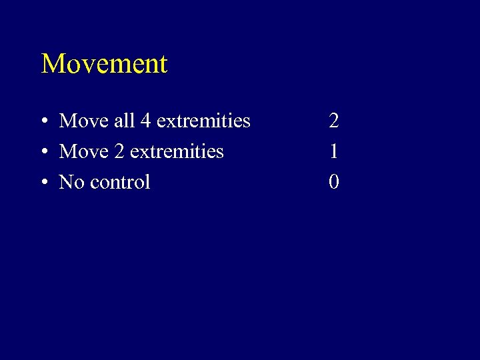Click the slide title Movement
[104, 64]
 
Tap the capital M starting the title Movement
[53, 64]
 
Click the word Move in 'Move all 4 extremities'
[83, 121]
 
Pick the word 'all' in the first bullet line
[123, 121]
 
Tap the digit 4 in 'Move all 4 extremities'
[146, 121]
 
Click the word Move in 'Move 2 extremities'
[83, 152]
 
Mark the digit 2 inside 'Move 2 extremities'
[119, 151]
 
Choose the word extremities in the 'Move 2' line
[177, 151]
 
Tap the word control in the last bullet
[119, 182]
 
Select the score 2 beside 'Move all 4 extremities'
[333, 121]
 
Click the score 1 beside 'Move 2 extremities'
[333, 151]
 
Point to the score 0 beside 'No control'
[333, 182]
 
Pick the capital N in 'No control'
[66, 182]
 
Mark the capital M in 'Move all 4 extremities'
[67, 121]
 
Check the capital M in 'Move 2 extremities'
[67, 151]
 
